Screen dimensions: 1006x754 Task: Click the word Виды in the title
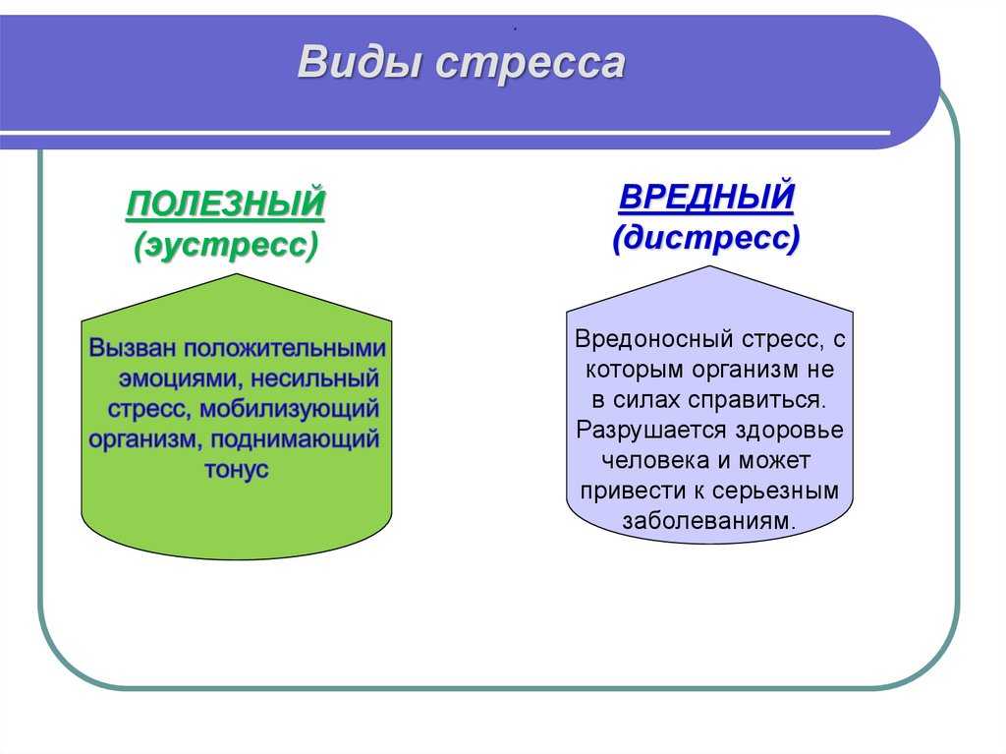click(x=361, y=62)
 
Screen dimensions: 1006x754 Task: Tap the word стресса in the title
click(x=531, y=64)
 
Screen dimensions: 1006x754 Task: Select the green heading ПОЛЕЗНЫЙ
click(x=225, y=203)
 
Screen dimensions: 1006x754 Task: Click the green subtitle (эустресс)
click(x=226, y=246)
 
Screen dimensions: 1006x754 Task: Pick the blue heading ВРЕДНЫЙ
click(x=706, y=197)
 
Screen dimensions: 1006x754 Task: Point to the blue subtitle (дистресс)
click(x=706, y=238)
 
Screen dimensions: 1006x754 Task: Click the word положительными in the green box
click(x=285, y=348)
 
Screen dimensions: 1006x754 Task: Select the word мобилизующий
click(x=290, y=409)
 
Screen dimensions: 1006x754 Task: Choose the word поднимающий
click(x=295, y=440)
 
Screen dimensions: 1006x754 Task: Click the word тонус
click(x=236, y=470)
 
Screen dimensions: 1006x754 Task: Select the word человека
click(x=655, y=460)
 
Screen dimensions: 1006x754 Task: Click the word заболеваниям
click(x=708, y=521)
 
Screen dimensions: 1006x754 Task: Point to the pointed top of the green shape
click(x=237, y=274)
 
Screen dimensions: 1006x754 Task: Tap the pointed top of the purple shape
click(x=709, y=266)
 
